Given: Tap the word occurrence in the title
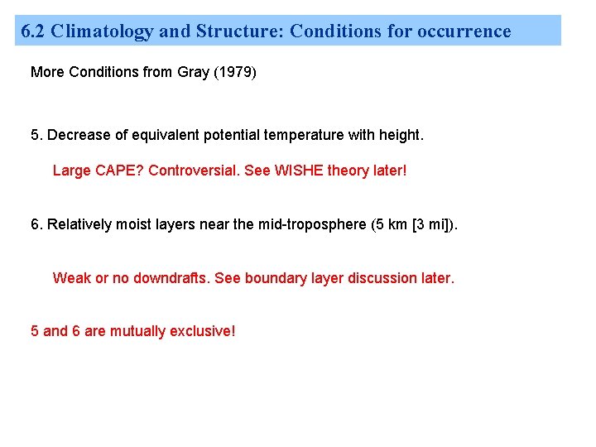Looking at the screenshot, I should [x=464, y=31].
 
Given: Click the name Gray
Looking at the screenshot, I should [x=194, y=72].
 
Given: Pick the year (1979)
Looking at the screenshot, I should [x=236, y=72].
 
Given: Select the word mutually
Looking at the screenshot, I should [x=137, y=331].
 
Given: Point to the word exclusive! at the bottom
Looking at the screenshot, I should [x=202, y=331].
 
